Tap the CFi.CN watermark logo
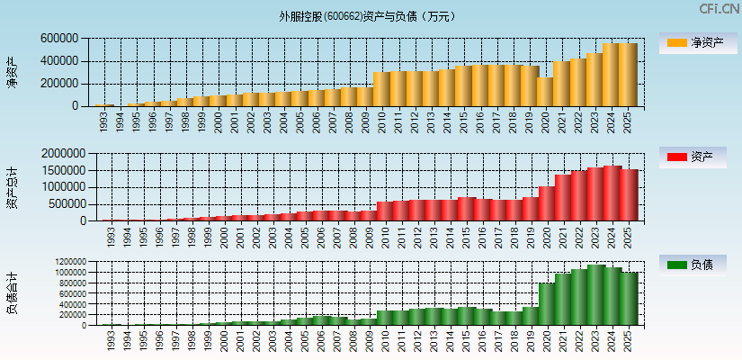[x=716, y=9]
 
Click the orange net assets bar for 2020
[x=545, y=91]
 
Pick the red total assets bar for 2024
[x=611, y=193]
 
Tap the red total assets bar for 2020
[x=545, y=202]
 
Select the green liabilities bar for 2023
[x=594, y=294]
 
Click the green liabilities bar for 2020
[x=545, y=303]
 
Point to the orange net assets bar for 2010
[x=380, y=88]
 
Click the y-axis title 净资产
[x=12, y=72]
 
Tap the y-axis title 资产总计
[x=12, y=187]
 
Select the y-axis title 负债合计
[x=12, y=293]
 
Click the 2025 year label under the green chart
[x=627, y=340]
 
